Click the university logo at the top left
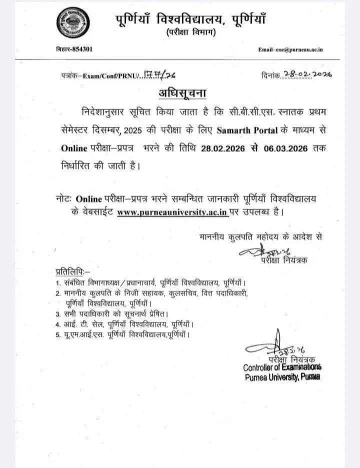pyautogui.click(x=70, y=23)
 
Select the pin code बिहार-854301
pyautogui.click(x=73, y=49)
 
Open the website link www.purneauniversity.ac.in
pyautogui.click(x=172, y=212)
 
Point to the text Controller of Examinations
pyautogui.click(x=282, y=368)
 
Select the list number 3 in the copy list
pyautogui.click(x=58, y=313)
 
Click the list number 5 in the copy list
pyautogui.click(x=58, y=333)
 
